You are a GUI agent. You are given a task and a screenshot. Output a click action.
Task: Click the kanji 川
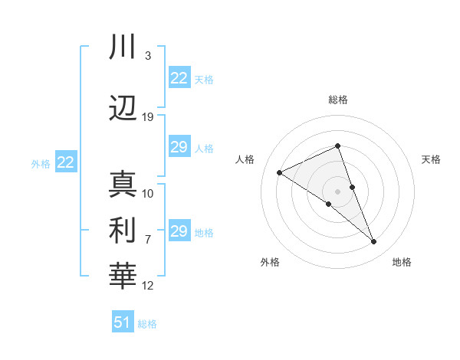point(123,48)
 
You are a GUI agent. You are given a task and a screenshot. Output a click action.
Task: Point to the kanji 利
point(123,231)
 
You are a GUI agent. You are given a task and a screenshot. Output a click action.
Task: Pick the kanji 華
point(123,276)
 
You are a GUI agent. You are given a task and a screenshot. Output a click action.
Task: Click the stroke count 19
point(148,117)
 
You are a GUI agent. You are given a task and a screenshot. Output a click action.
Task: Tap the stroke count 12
point(148,286)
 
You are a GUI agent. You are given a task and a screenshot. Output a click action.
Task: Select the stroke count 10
point(148,193)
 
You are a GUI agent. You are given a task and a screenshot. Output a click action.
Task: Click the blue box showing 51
point(123,322)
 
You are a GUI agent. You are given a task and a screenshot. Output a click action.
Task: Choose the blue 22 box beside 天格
point(179,78)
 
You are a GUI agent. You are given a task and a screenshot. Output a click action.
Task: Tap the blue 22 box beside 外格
point(65,162)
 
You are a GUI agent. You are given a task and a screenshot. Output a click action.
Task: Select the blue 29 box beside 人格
point(179,147)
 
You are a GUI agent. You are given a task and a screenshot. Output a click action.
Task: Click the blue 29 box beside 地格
point(179,231)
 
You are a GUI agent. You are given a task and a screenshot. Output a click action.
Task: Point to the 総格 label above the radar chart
point(337,100)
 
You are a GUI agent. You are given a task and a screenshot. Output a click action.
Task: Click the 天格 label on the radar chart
point(431,159)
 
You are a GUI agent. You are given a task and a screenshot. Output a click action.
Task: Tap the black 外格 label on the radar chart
point(270,262)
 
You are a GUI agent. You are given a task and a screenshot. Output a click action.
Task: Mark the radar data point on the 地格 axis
point(374,242)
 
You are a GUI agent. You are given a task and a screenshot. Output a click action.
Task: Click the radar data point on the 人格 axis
point(280,172)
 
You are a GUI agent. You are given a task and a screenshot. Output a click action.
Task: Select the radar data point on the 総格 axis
point(337,146)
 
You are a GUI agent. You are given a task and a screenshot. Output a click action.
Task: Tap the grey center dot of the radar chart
point(337,191)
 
